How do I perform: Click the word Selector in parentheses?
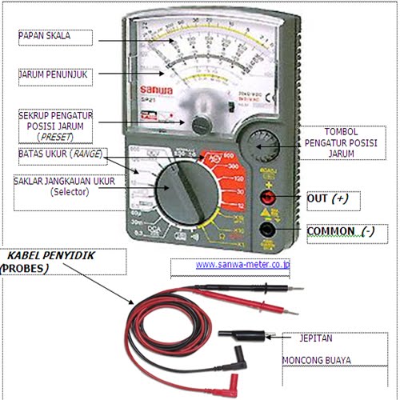(x=72, y=193)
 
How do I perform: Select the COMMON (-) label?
(x=340, y=231)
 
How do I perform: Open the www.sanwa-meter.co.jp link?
(x=242, y=264)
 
